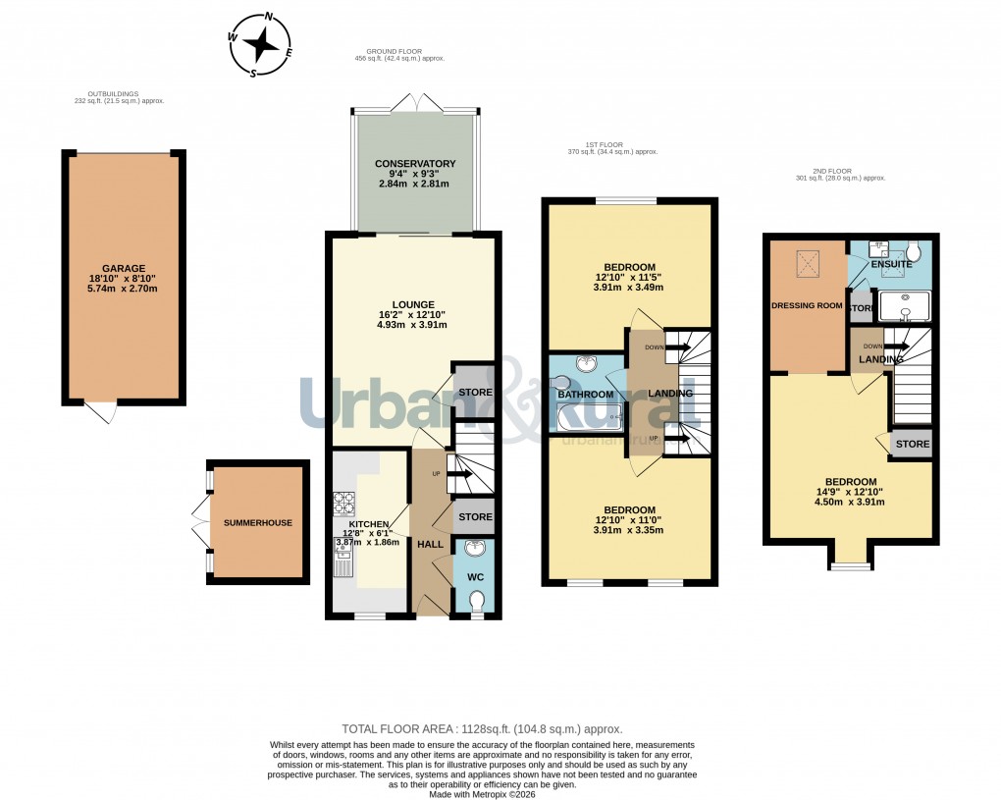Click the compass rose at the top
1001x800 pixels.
(x=261, y=44)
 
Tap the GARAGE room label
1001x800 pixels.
(x=123, y=268)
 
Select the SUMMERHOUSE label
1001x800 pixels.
(x=257, y=523)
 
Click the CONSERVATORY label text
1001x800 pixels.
(x=415, y=164)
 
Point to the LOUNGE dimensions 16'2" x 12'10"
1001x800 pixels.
(x=412, y=315)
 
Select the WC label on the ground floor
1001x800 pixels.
(x=476, y=577)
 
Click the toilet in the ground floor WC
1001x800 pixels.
(x=477, y=600)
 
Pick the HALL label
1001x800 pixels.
(x=430, y=544)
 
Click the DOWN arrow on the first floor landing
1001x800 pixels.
(x=675, y=347)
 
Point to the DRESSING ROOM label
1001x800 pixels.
(x=807, y=305)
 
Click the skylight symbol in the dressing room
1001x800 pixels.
(x=809, y=262)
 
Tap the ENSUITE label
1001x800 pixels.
(x=892, y=265)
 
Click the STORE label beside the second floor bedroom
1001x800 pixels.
(x=912, y=444)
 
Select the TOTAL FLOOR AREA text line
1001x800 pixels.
(x=481, y=729)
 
